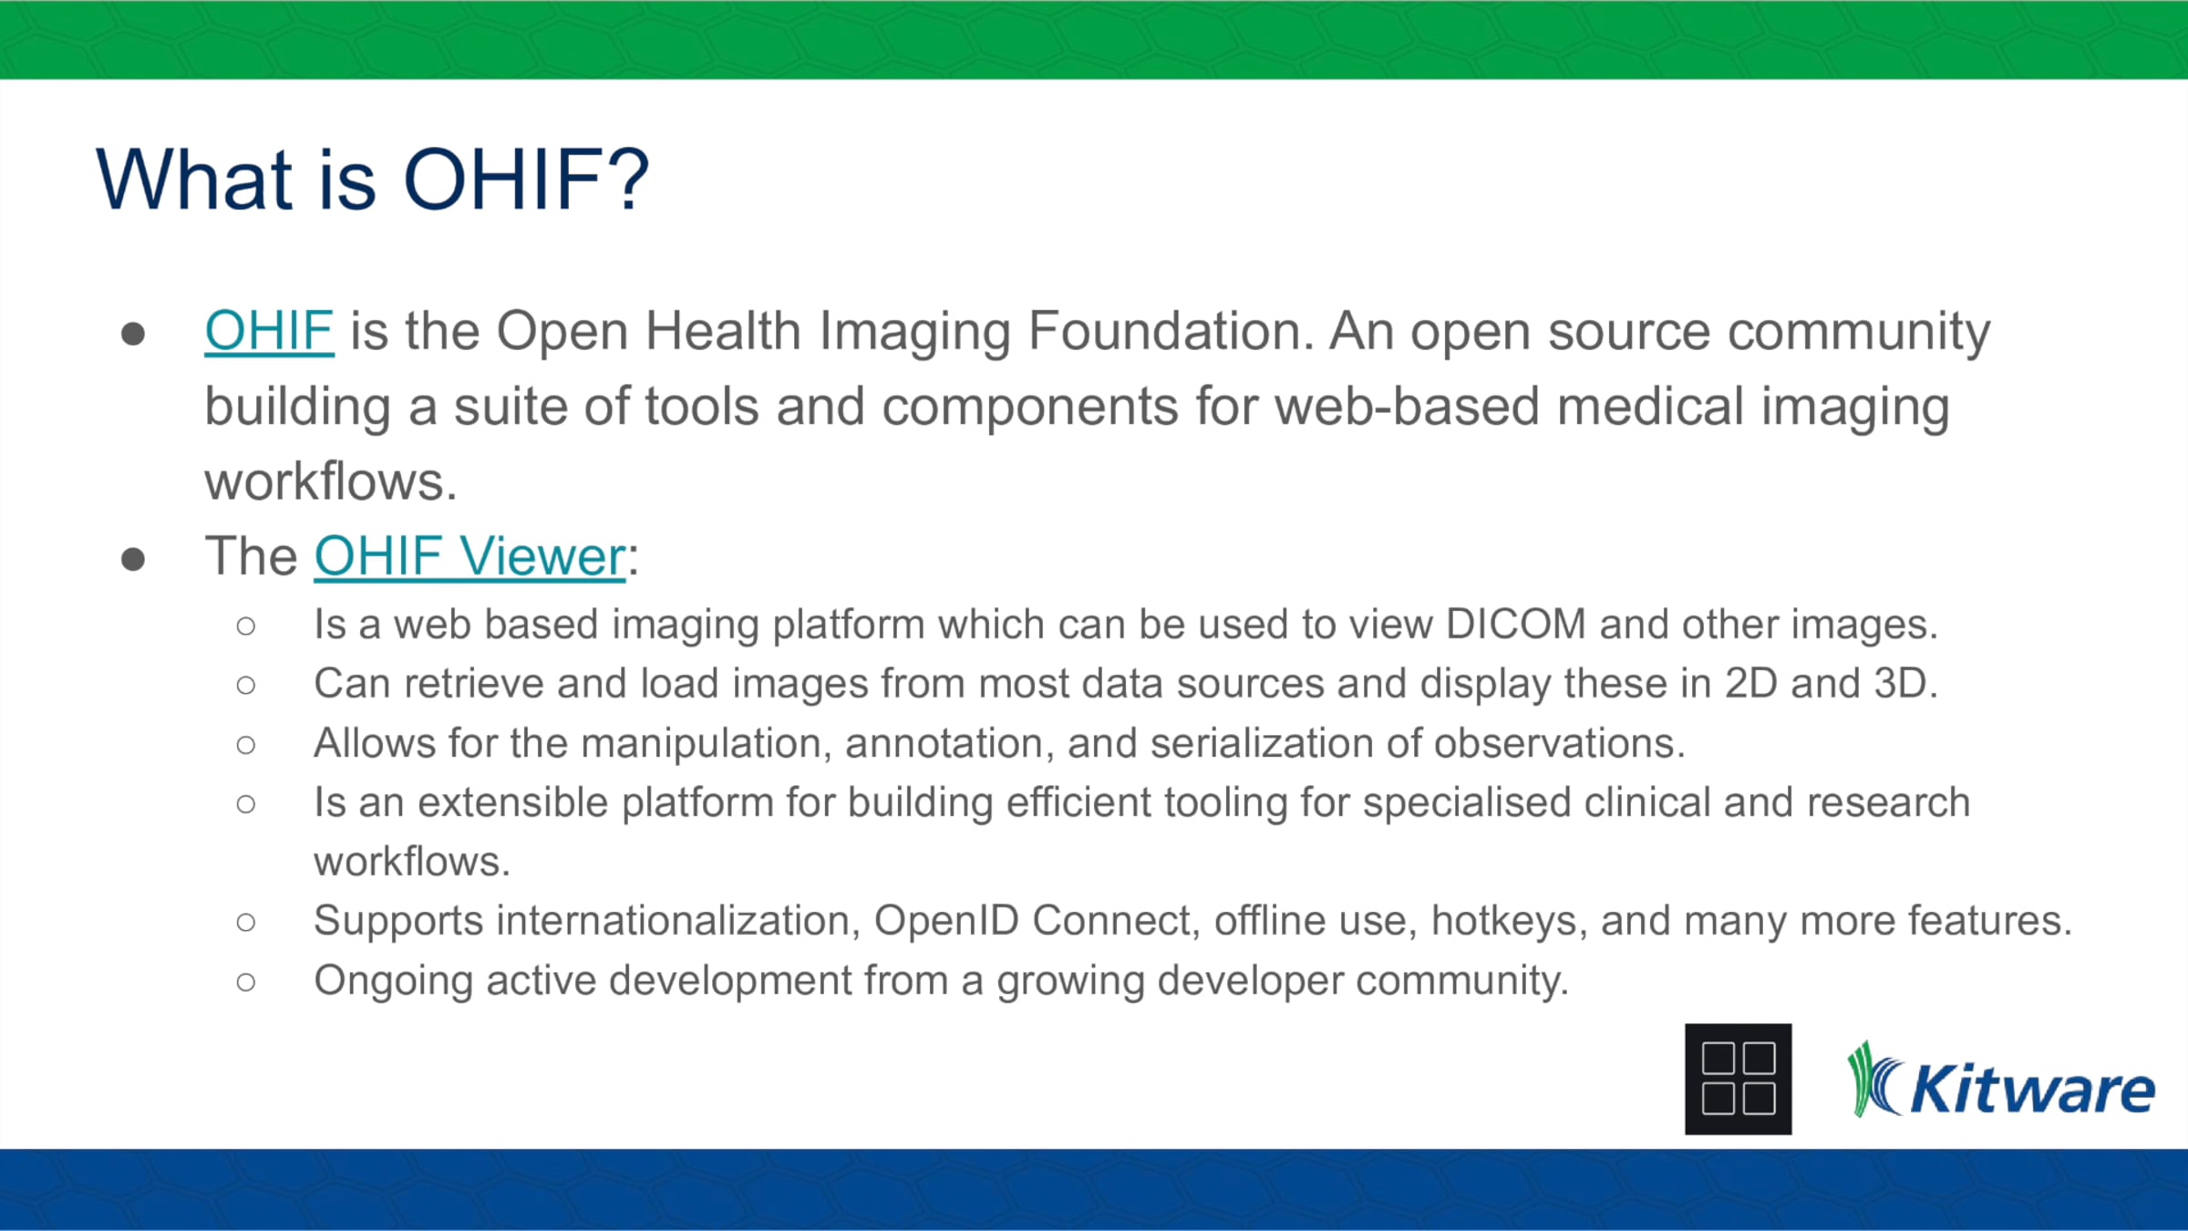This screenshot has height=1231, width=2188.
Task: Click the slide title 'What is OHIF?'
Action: tap(372, 180)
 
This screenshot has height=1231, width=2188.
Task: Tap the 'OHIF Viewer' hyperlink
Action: tap(470, 556)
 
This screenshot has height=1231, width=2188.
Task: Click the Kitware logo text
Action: tap(2032, 1090)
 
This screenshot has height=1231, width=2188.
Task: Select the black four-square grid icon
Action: tap(1738, 1079)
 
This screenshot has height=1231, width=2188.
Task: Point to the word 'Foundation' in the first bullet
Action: tap(1171, 330)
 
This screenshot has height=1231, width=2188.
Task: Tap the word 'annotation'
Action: tap(944, 743)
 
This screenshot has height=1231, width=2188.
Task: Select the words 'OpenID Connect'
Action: tap(1032, 920)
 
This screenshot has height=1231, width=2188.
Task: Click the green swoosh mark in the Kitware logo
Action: tap(1873, 1081)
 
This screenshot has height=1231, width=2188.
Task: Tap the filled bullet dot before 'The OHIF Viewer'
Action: tap(133, 558)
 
